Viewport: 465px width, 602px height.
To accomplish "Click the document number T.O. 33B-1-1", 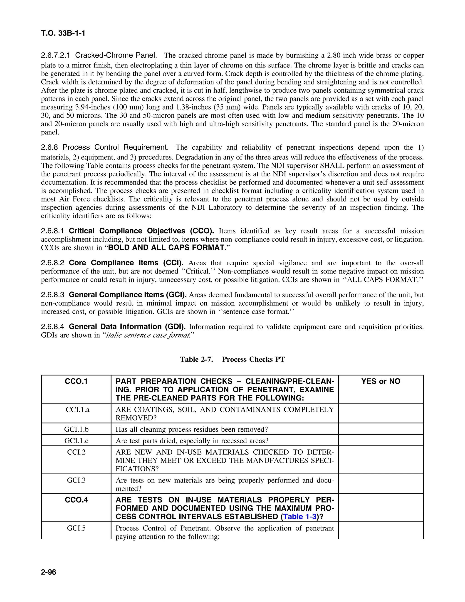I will [63, 33].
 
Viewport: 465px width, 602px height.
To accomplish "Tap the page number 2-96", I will [49, 572].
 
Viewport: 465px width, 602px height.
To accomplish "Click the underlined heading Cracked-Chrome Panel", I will [115, 55].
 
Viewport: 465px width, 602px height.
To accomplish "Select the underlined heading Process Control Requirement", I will [115, 147].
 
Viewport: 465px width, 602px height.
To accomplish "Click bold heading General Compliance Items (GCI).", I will [128, 295].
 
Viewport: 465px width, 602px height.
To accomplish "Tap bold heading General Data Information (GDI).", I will [127, 327].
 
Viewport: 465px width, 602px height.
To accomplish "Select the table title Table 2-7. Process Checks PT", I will [232, 359].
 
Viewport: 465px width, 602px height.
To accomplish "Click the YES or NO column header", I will [381, 381].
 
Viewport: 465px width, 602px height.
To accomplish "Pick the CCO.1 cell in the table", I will [76, 381].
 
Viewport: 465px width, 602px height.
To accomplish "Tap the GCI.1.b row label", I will [76, 429].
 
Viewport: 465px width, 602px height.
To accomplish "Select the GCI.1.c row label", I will [76, 441].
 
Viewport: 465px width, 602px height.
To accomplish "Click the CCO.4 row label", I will [76, 500].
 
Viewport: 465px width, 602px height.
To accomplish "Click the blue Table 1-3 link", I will [300, 517].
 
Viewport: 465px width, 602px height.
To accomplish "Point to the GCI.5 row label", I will [76, 528].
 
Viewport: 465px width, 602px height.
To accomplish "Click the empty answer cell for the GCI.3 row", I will [381, 484].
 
